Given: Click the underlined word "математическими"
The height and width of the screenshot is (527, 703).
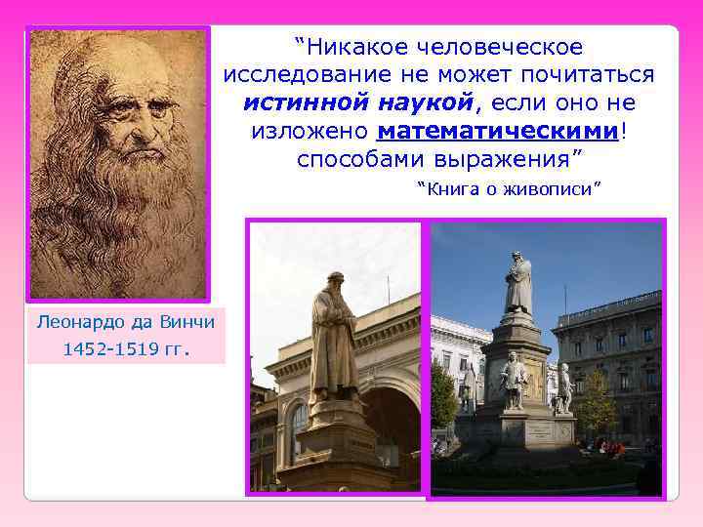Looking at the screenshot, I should coord(499,131).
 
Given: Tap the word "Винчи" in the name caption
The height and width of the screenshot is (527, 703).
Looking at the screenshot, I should coord(185,320).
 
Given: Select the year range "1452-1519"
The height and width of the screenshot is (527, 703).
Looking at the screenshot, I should coord(108,348).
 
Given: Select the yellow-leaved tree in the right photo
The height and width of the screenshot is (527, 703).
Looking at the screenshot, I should coord(598,400).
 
